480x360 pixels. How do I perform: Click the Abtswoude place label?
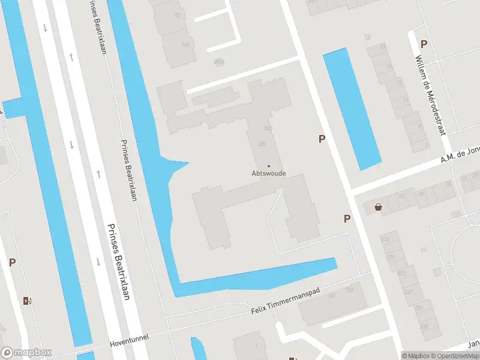(268, 174)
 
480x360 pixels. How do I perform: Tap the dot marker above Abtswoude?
(268, 166)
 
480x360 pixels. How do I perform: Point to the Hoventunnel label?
(128, 344)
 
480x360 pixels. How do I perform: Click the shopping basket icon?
(379, 207)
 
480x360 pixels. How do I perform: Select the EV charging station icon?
(26, 300)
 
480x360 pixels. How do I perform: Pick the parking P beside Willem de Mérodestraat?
(424, 44)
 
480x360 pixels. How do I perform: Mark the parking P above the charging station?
(12, 262)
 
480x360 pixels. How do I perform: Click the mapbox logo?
(26, 353)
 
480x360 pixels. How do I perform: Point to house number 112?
(176, 15)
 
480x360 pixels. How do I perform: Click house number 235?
(424, 326)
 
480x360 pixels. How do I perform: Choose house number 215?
(385, 240)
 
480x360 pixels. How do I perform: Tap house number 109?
(349, 290)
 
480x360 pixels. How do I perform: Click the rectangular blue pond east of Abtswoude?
(352, 109)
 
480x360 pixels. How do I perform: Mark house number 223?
(401, 274)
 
